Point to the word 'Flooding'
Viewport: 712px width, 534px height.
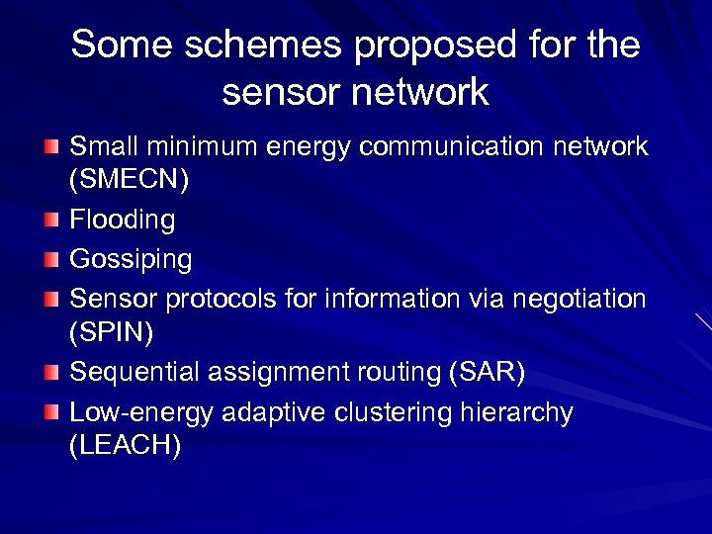pyautogui.click(x=122, y=220)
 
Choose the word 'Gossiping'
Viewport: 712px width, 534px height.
pyautogui.click(x=131, y=259)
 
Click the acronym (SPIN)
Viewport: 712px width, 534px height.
pyautogui.click(x=111, y=333)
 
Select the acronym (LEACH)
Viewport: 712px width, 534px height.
pyautogui.click(x=125, y=446)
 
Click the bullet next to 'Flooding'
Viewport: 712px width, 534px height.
pyautogui.click(x=50, y=220)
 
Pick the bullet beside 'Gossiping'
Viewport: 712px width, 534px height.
pyautogui.click(x=50, y=258)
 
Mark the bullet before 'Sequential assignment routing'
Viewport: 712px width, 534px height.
pyautogui.click(x=50, y=372)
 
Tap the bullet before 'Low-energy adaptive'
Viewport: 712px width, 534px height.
pyautogui.click(x=50, y=411)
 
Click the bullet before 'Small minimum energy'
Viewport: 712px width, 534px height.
pyautogui.click(x=50, y=146)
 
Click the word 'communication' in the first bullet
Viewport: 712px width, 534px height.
pyautogui.click(x=451, y=146)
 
